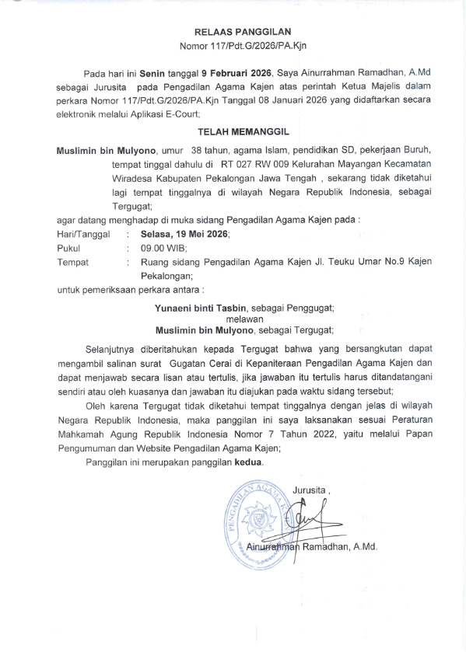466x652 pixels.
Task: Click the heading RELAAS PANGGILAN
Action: click(x=242, y=32)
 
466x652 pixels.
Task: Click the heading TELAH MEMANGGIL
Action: click(x=242, y=134)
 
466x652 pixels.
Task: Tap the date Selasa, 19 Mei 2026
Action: click(x=185, y=234)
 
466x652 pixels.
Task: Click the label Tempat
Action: click(x=73, y=262)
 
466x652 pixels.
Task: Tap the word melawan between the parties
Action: click(x=244, y=319)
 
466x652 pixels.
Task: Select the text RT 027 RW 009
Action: click(x=258, y=164)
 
